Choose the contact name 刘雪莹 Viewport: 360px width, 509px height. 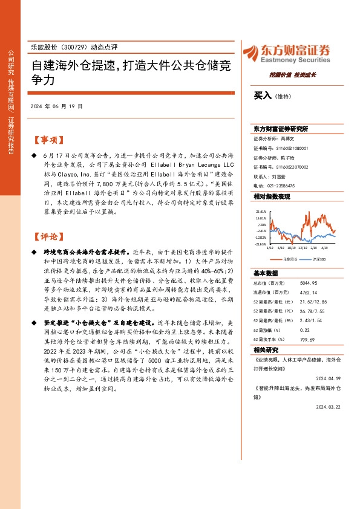(280, 177)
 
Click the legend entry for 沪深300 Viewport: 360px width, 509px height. (318, 258)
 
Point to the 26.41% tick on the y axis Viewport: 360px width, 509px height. (261, 211)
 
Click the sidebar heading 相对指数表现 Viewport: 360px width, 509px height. (272, 196)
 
